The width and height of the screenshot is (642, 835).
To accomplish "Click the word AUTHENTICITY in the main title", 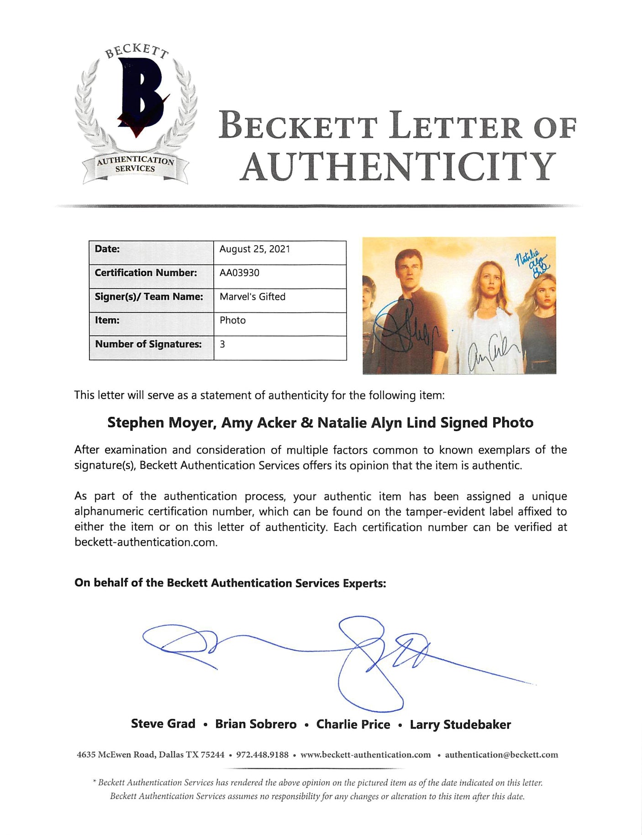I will (397, 168).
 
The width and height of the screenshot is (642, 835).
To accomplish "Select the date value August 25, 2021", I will (254, 249).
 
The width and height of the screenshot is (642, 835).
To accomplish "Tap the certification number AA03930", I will (239, 273).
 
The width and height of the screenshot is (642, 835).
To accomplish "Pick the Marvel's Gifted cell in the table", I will (253, 297).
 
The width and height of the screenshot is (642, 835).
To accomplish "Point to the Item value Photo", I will (232, 320).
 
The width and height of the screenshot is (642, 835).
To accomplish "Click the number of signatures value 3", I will (222, 344).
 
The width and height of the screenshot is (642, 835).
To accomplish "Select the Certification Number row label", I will (146, 273).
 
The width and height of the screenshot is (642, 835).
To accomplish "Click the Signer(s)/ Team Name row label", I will (148, 297).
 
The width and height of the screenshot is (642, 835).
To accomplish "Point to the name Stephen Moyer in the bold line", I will (161, 423).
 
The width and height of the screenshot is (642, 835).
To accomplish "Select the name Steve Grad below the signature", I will (163, 724).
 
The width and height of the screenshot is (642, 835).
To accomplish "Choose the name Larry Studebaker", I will (460, 725).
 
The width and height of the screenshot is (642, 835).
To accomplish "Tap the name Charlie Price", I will (353, 725).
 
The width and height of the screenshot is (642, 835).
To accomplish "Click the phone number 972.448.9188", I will (262, 755).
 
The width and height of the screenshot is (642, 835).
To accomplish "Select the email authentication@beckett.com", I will (501, 755).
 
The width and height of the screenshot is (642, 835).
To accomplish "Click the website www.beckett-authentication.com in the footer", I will (365, 755).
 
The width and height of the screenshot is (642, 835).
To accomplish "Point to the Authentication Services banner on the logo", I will (135, 164).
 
